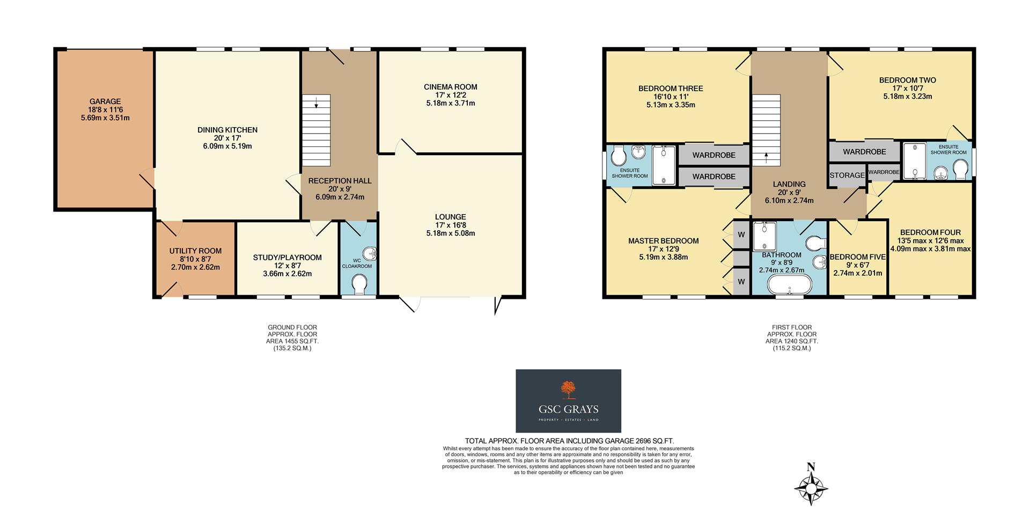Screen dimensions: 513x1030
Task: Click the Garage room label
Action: tap(105, 101)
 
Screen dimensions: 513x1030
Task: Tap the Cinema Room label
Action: tap(450, 87)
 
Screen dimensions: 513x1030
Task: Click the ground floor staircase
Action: tap(316, 130)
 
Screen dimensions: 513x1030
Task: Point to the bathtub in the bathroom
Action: tap(789, 286)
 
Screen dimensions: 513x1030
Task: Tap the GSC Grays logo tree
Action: tap(568, 390)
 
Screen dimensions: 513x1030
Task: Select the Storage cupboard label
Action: tap(847, 175)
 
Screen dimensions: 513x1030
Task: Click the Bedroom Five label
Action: tap(857, 257)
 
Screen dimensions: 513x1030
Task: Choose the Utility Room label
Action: tap(195, 251)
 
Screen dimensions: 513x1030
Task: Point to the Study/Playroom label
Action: tap(287, 258)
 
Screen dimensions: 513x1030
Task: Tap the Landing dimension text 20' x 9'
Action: tap(789, 193)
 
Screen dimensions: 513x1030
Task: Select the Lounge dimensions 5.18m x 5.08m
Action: tap(451, 233)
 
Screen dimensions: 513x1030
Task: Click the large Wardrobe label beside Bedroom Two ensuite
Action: tap(864, 152)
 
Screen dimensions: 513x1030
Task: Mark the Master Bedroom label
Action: tap(663, 241)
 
